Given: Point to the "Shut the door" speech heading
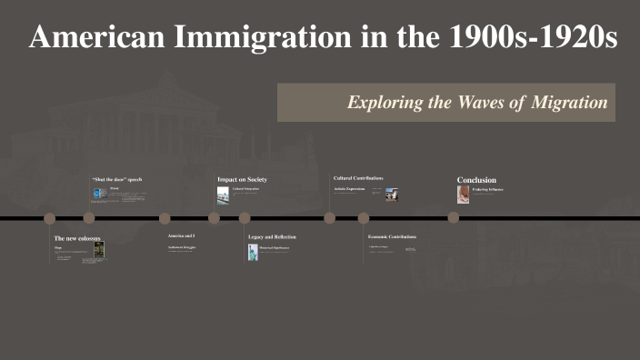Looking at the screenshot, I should [x=116, y=179].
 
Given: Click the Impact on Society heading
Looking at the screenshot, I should [x=242, y=179].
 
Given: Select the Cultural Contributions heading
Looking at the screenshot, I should [x=358, y=178].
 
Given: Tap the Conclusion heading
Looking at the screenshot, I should [x=476, y=180].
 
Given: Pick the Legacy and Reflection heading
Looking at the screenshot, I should [x=272, y=236].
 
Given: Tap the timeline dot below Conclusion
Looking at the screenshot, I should [x=453, y=217].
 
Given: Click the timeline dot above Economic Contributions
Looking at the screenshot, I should [x=364, y=217].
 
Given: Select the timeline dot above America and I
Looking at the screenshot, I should [x=165, y=217].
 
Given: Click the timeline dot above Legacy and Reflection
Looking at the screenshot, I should [x=245, y=217].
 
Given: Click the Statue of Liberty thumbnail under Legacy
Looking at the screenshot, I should [x=253, y=251].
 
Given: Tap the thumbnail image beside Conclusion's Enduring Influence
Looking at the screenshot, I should [x=464, y=194].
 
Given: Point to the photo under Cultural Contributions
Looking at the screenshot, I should [x=392, y=194].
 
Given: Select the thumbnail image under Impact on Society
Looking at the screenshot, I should [x=223, y=195].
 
